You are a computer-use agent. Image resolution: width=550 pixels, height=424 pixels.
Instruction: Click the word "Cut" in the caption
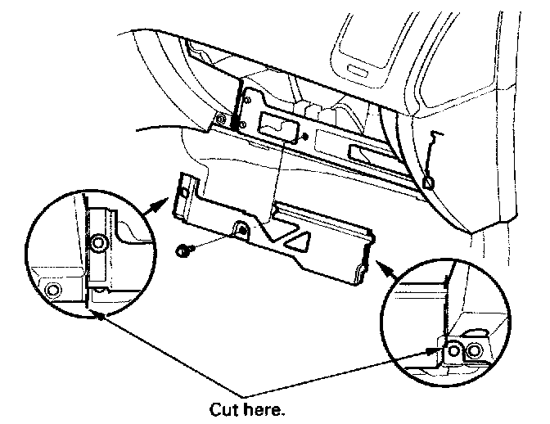click(223, 408)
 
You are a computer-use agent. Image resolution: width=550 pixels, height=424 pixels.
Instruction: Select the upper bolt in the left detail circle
click(99, 243)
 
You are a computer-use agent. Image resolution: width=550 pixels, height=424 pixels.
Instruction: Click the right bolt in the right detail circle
click(474, 352)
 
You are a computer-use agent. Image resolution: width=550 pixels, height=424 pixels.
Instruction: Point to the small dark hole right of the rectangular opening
click(304, 136)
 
